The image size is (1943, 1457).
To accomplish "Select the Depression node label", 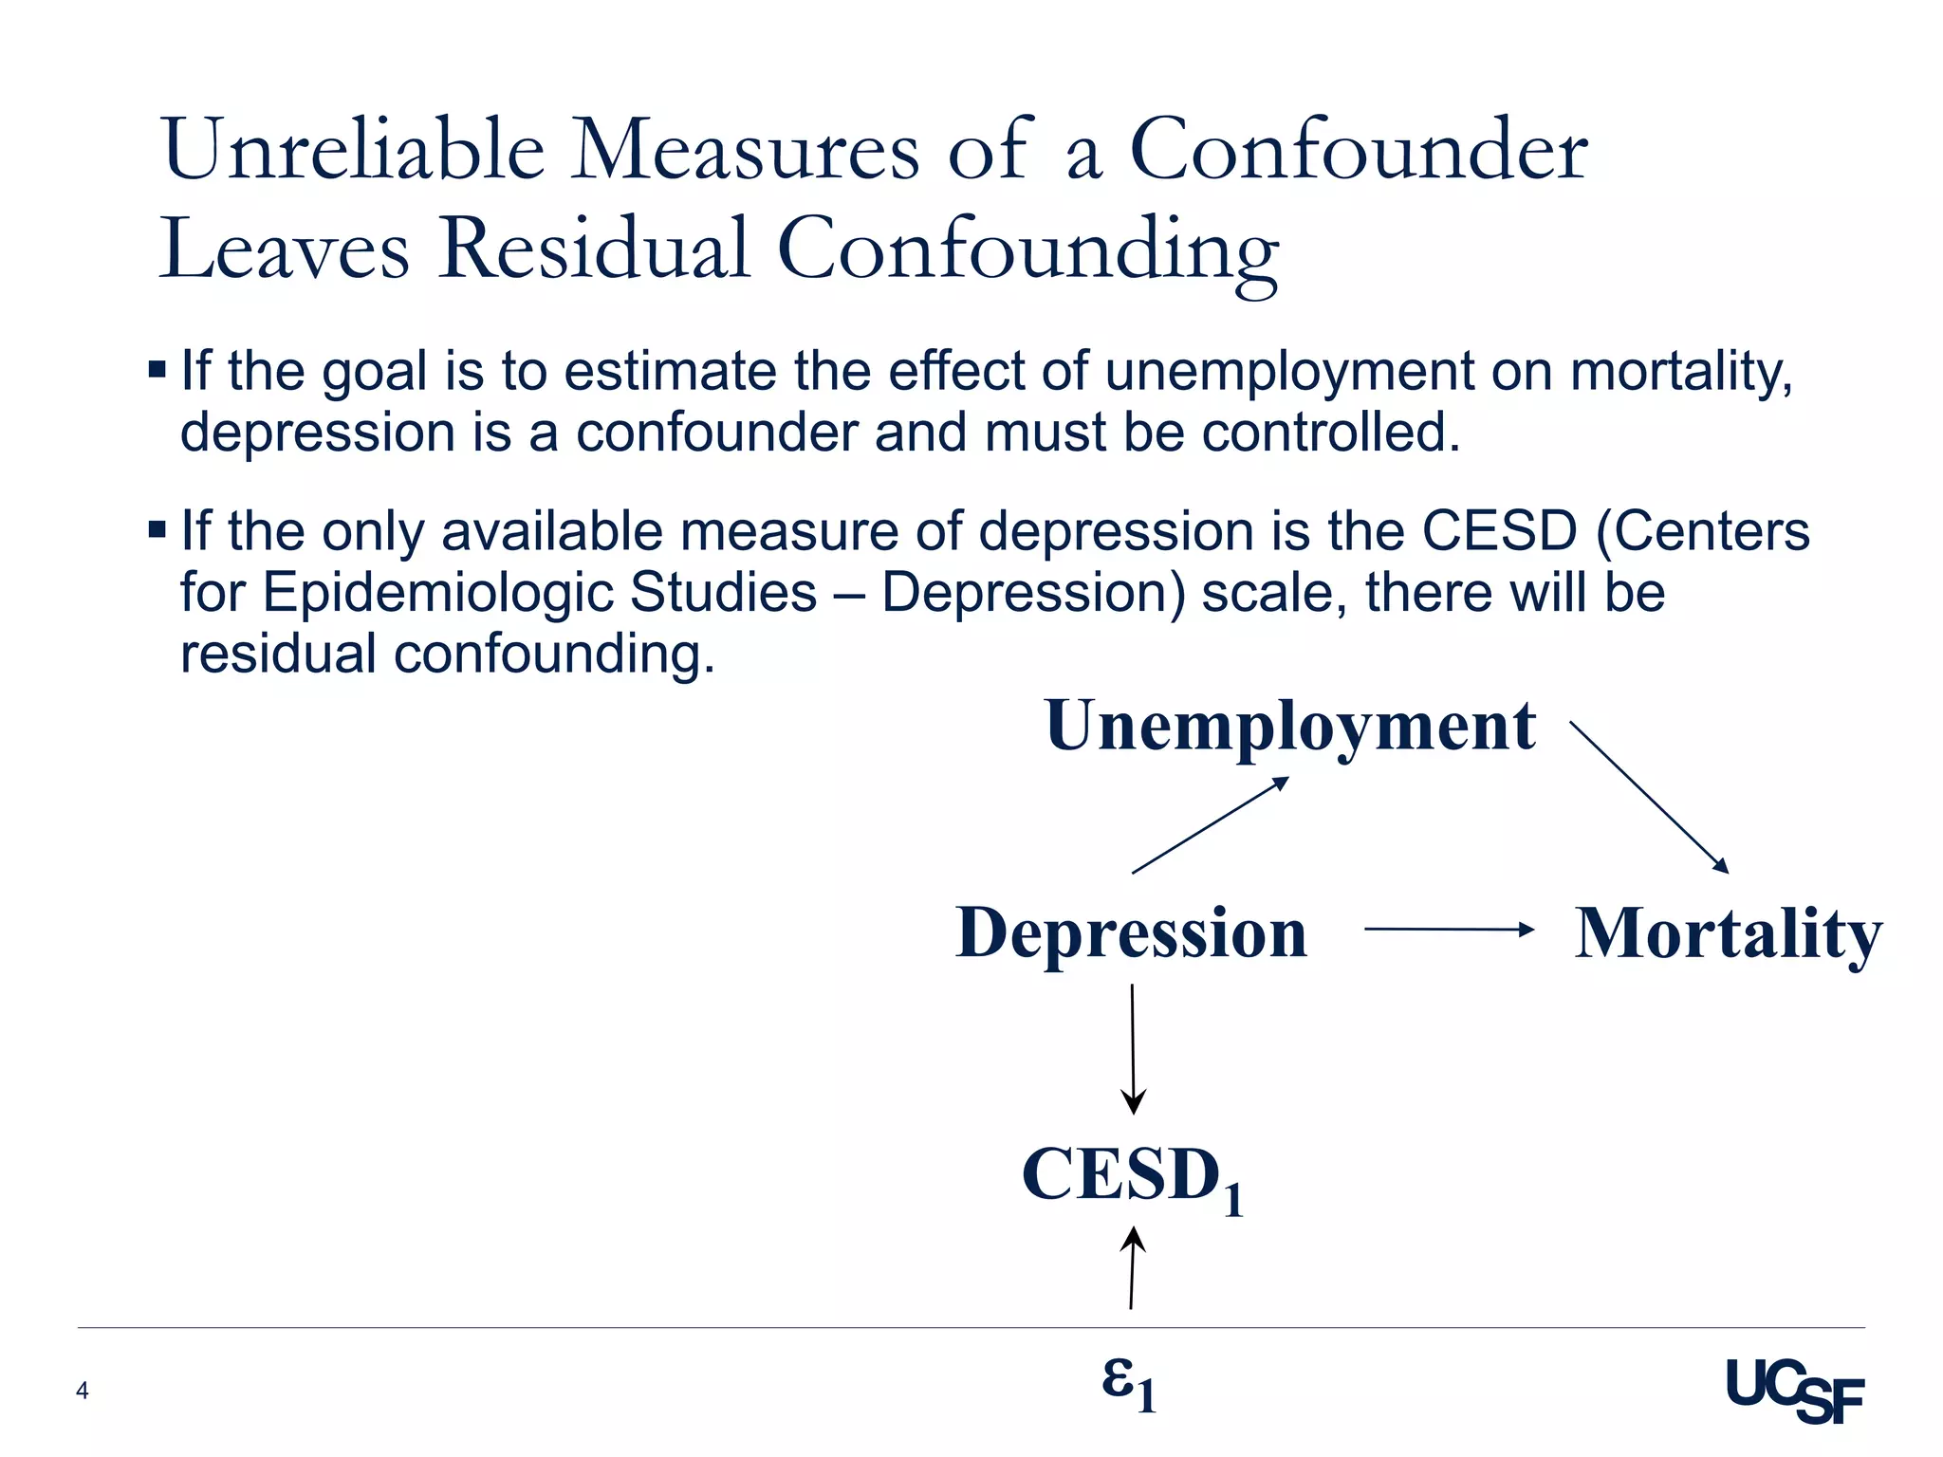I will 1131,933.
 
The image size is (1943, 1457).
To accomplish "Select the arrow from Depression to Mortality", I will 1448,930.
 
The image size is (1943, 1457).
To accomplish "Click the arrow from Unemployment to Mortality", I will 1649,797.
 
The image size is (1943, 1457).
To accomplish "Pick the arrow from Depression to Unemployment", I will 1211,824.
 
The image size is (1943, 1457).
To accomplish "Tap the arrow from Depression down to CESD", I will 1133,1048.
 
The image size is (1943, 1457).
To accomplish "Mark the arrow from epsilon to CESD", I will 1132,1267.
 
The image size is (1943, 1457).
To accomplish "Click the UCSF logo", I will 1794,1390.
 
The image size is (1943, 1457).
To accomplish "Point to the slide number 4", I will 83,1391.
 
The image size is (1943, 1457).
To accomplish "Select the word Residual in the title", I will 594,249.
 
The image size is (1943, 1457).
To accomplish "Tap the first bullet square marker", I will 157,368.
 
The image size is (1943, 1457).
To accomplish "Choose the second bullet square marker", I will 157,528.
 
